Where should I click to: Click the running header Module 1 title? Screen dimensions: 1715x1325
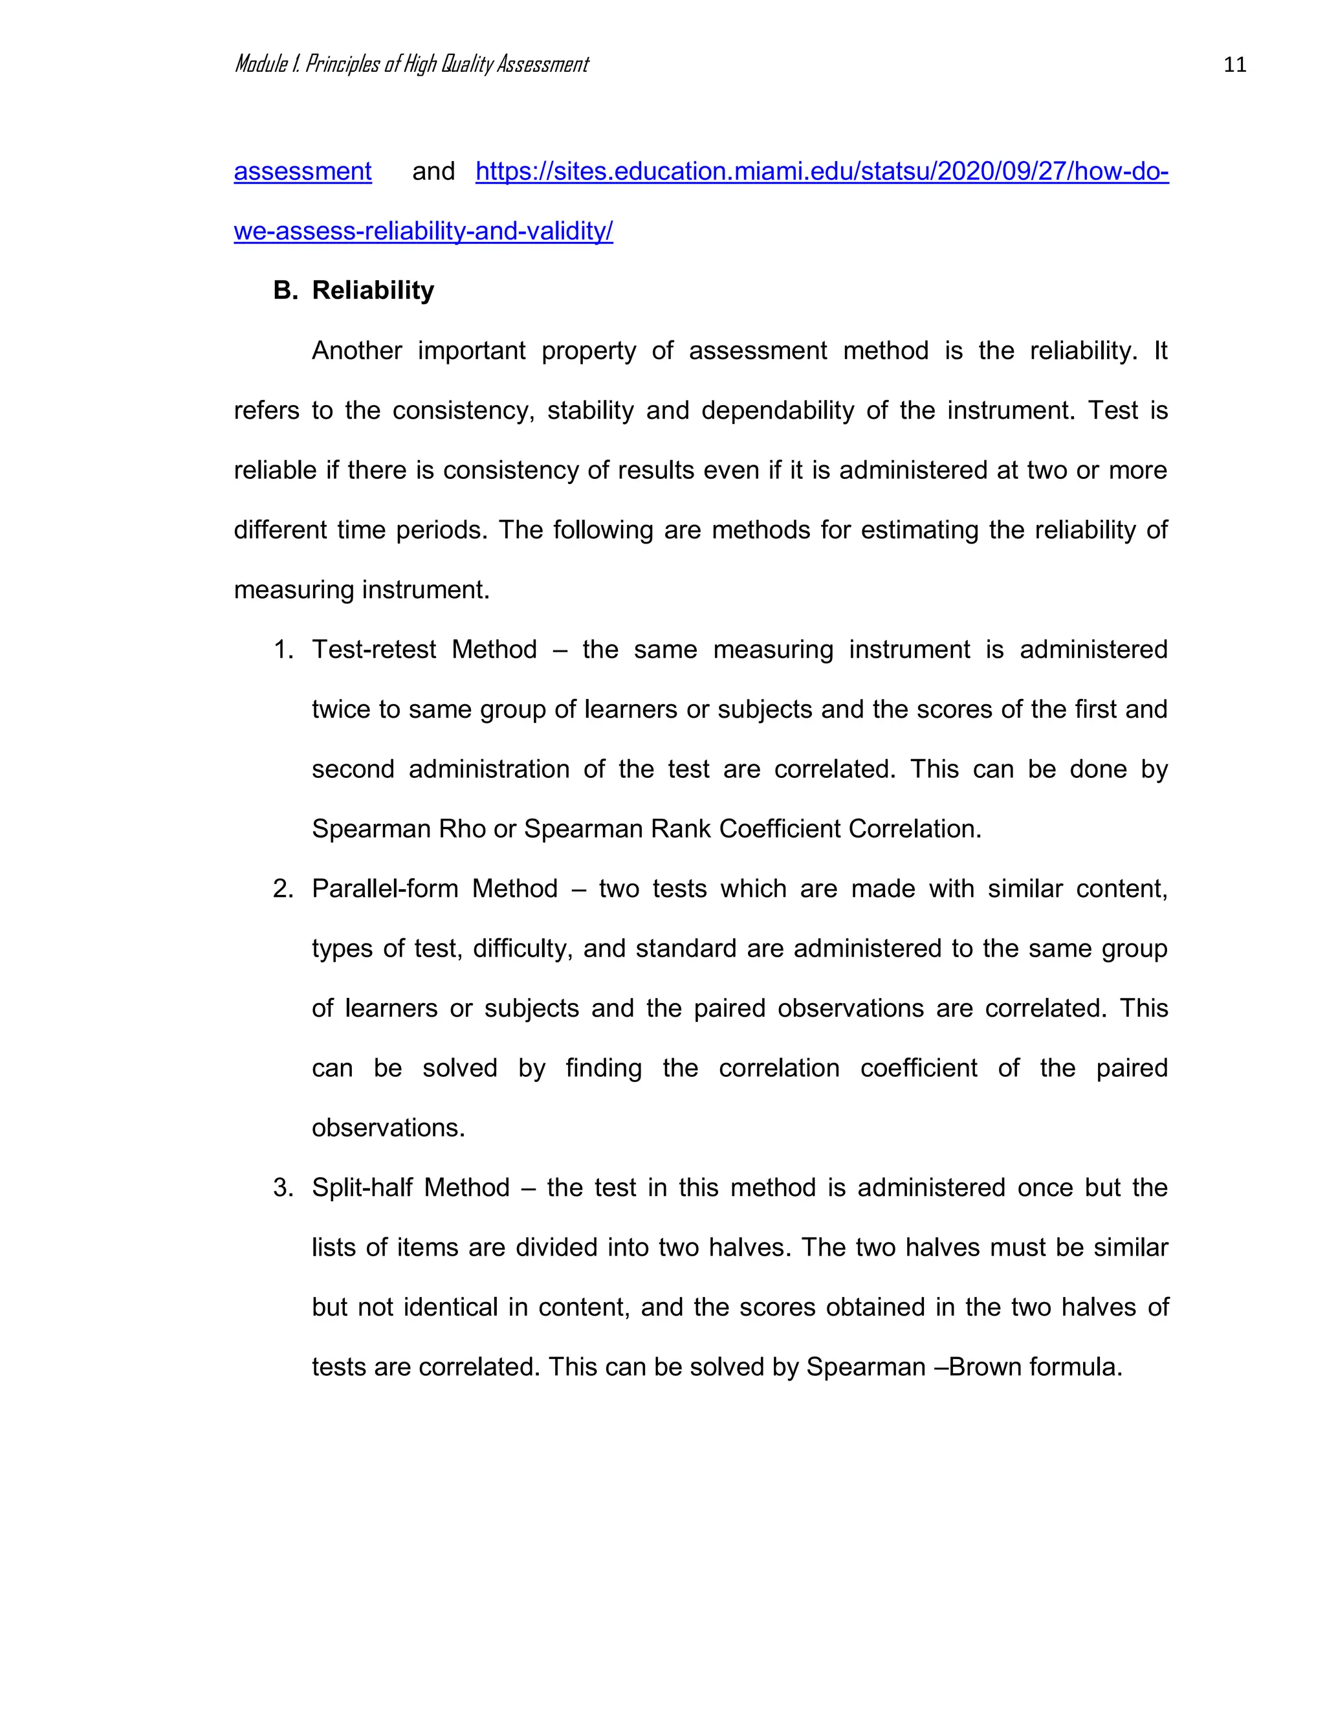pyautogui.click(x=411, y=64)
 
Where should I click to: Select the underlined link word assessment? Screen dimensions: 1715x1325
pyautogui.click(x=302, y=171)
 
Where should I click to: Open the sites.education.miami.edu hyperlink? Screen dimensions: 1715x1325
pyautogui.click(x=821, y=171)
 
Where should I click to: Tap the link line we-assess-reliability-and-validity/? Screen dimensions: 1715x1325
pyautogui.click(x=423, y=231)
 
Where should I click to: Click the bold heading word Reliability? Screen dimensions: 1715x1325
pyautogui.click(x=373, y=291)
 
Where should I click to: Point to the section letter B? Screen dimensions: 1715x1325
pyautogui.click(x=285, y=291)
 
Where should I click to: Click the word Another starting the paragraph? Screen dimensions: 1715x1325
pyautogui.click(x=356, y=350)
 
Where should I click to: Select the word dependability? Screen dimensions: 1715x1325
pyautogui.click(x=777, y=410)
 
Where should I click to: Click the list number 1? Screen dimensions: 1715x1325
pyautogui.click(x=283, y=649)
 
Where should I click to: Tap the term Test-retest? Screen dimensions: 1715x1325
pyautogui.click(x=374, y=649)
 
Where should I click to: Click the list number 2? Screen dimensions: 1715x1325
pyautogui.click(x=283, y=888)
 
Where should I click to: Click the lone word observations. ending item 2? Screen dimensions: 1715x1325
pyautogui.click(x=388, y=1127)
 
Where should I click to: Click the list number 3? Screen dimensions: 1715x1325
pyautogui.click(x=283, y=1188)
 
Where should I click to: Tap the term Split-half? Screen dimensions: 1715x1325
pyautogui.click(x=360, y=1188)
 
